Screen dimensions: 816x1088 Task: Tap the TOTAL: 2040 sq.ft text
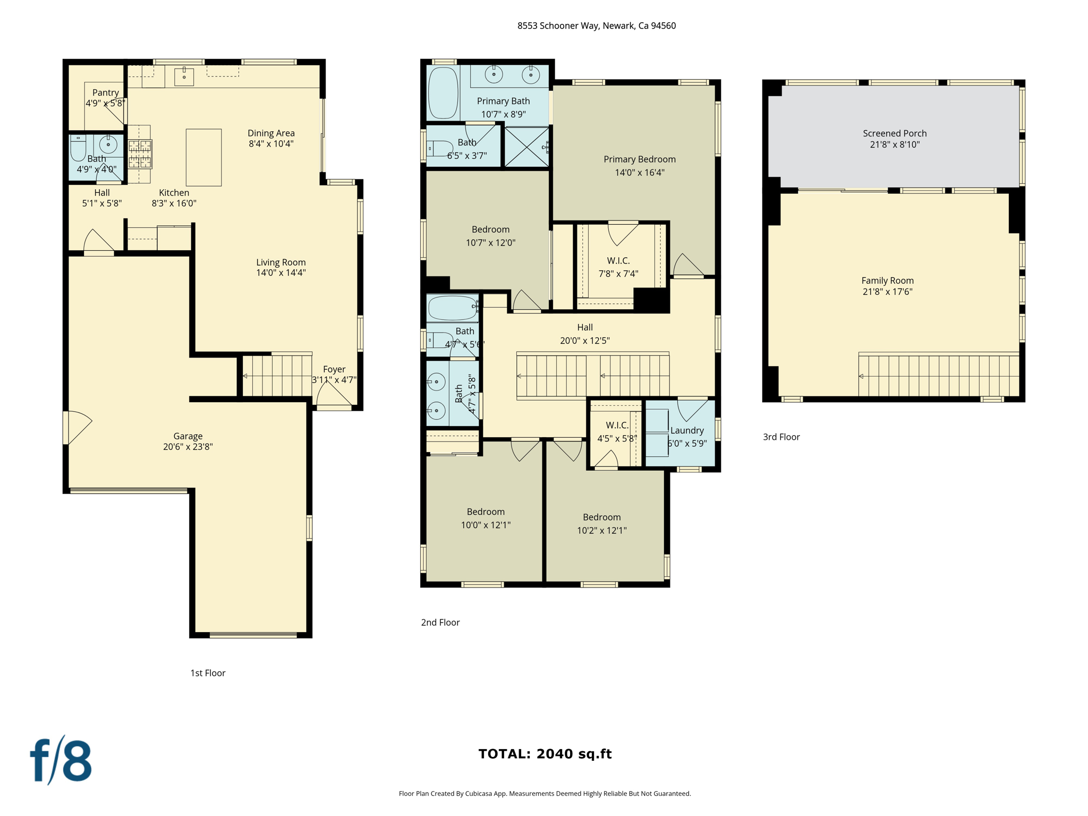pyautogui.click(x=545, y=754)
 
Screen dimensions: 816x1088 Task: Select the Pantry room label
pyautogui.click(x=105, y=92)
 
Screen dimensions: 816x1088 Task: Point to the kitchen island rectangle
pyautogui.click(x=203, y=157)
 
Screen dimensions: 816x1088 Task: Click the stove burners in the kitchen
pyautogui.click(x=140, y=154)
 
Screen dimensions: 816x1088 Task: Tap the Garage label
pyautogui.click(x=188, y=436)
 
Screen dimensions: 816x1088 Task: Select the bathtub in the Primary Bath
pyautogui.click(x=443, y=92)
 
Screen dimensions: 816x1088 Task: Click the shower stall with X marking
pyautogui.click(x=526, y=147)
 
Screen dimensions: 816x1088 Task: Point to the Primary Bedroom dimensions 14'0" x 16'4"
pyautogui.click(x=640, y=172)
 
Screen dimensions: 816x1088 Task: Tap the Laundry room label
pyautogui.click(x=687, y=430)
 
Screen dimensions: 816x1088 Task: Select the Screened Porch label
pyautogui.click(x=895, y=133)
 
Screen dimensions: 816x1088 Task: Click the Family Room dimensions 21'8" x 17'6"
pyautogui.click(x=887, y=292)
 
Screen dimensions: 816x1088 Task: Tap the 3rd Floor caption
pyautogui.click(x=781, y=437)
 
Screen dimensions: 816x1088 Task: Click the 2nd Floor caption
pyautogui.click(x=440, y=622)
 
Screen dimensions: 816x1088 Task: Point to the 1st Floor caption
pyautogui.click(x=208, y=673)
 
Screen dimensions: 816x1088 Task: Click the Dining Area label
pyautogui.click(x=271, y=133)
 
